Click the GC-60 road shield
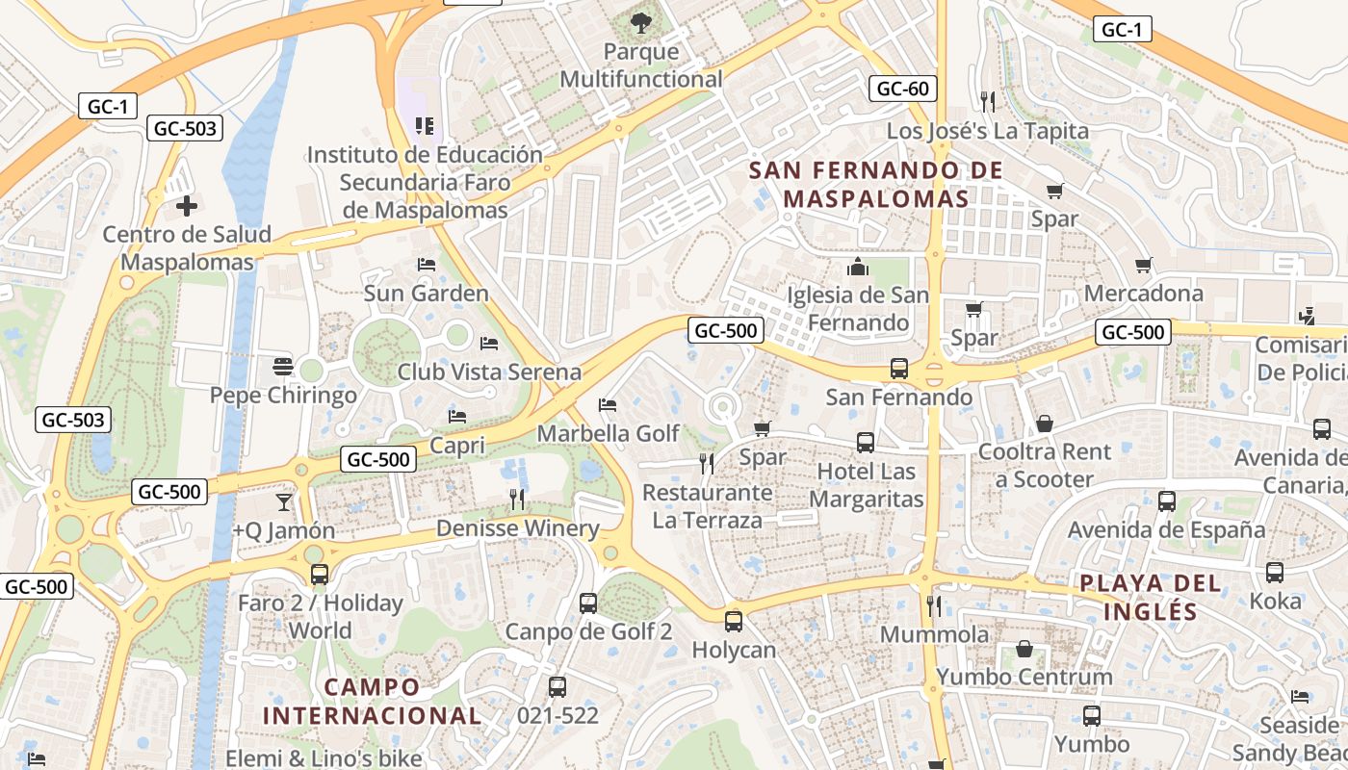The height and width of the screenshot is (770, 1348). pos(902,90)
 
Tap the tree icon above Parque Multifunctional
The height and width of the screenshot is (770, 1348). pos(640,21)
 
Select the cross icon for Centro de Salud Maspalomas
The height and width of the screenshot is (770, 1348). pos(187,205)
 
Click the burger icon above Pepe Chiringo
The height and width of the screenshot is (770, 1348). pos(282,366)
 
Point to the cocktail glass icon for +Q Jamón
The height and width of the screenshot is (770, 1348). pos(284,501)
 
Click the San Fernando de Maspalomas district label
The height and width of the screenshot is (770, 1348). pos(875,185)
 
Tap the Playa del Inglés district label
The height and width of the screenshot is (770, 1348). pos(1150,597)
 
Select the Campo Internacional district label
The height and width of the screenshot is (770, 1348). pos(372,701)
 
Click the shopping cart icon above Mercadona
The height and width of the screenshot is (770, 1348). pos(1144,265)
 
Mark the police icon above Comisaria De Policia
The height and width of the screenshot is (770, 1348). pos(1307,316)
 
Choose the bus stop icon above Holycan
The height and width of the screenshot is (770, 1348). pos(734,622)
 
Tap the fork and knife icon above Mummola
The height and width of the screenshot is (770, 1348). pos(933,605)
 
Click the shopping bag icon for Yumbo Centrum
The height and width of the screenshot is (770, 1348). pos(1024,649)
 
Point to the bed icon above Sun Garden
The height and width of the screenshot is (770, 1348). pos(427,265)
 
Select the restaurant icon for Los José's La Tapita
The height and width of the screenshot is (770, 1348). pos(987,101)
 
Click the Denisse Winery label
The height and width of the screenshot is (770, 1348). pos(517,528)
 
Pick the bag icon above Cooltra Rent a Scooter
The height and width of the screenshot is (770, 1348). pos(1045,423)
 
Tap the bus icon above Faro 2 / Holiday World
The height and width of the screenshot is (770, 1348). pos(320,575)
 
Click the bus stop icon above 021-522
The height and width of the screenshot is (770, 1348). pos(557,687)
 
